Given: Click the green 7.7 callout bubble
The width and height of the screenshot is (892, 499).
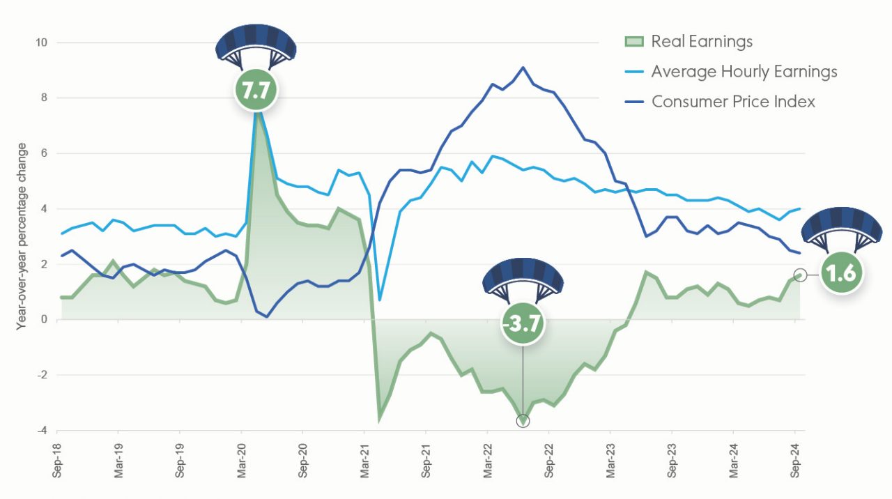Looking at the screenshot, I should (256, 90).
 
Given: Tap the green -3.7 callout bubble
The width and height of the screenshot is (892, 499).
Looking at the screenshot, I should (523, 324).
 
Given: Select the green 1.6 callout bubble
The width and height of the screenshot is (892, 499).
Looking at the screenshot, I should (842, 274).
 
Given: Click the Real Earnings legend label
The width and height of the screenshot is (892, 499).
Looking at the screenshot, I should (702, 42).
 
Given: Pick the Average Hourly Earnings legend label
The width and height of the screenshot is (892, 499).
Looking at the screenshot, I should (744, 72).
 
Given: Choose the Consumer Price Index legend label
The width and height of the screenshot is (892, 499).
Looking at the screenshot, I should (732, 102).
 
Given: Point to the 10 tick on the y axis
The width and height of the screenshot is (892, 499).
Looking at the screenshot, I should (42, 43).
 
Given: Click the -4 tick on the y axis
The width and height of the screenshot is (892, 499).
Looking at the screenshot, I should (43, 431).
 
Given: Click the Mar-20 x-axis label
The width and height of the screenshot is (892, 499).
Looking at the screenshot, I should (241, 461).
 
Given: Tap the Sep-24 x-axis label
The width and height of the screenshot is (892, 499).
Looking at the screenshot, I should (795, 461).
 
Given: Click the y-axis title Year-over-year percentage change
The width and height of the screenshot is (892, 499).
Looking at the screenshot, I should (22, 236).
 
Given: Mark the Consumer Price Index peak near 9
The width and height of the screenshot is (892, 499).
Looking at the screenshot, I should (523, 68).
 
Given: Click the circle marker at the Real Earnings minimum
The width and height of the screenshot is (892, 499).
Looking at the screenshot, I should (523, 421).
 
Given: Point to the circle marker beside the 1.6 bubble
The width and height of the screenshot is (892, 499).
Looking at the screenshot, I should (800, 275).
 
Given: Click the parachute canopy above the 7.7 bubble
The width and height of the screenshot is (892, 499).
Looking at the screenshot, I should (256, 43).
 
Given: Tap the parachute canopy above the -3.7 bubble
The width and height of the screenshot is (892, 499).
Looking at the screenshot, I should (523, 275).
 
